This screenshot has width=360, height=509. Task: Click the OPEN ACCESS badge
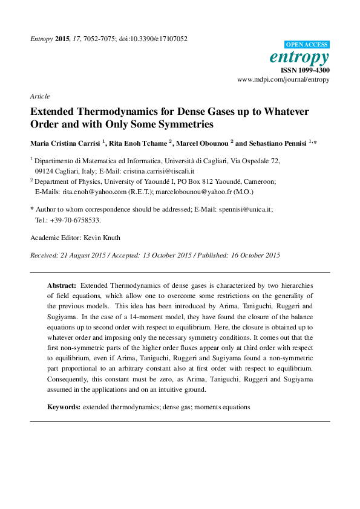tap(307, 45)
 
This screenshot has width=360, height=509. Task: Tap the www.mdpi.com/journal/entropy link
tap(283, 79)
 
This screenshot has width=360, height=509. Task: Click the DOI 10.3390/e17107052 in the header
tap(154, 39)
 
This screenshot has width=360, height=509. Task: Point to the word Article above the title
tap(40, 96)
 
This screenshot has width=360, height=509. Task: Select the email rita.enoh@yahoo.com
tap(94, 192)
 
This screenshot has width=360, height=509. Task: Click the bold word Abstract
tap(62, 284)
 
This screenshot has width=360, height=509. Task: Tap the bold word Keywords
tap(64, 407)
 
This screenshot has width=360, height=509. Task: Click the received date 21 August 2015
tap(83, 255)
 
